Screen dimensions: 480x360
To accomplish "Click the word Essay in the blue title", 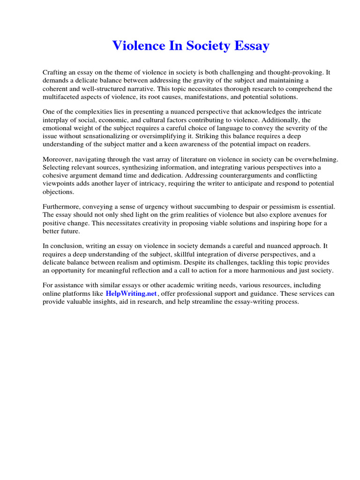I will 252,46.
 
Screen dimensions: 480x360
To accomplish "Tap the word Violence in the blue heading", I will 136,46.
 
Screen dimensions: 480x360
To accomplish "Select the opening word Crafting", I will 56,73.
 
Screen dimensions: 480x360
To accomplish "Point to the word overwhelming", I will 315,160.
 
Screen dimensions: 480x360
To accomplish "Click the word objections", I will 58,192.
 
